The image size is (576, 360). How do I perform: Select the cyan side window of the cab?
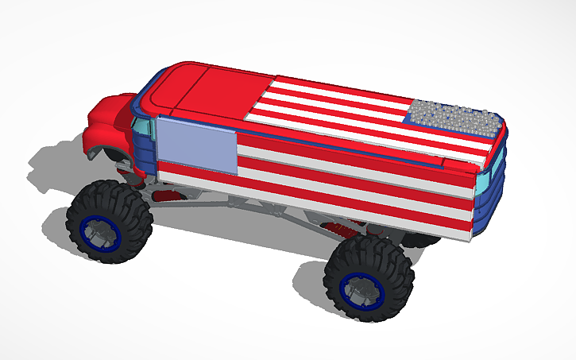pyautogui.click(x=142, y=126)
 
